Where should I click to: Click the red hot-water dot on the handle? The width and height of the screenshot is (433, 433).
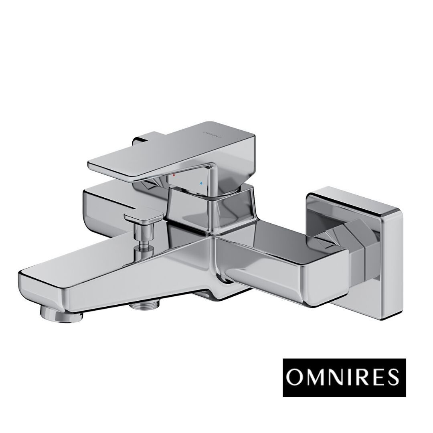coord(174,175)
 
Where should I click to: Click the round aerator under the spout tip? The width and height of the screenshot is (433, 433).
coord(62,316)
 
